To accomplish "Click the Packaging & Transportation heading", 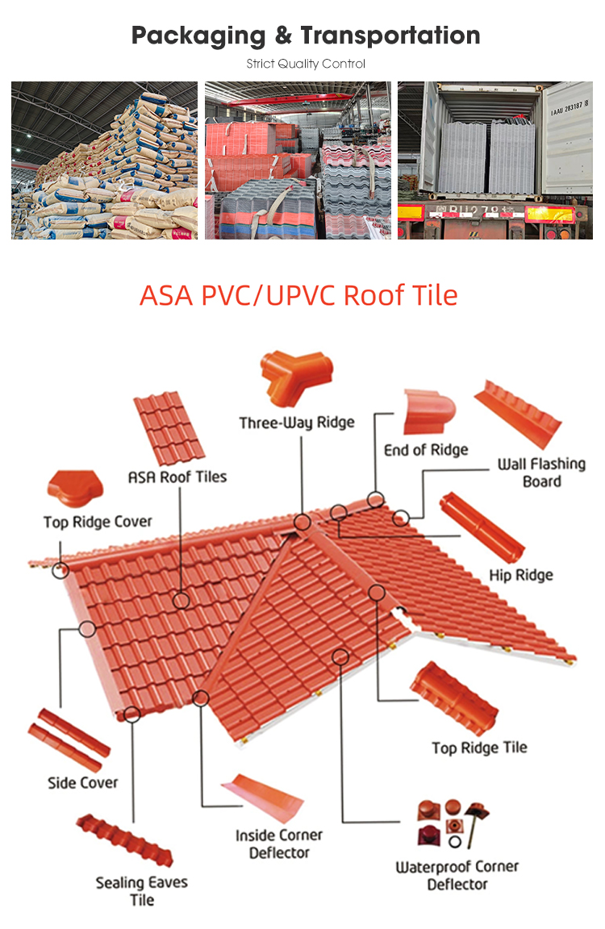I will click(306, 35).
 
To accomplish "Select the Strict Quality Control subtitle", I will click(306, 64).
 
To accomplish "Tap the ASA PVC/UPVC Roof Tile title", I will click(298, 295).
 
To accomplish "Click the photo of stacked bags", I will click(104, 160).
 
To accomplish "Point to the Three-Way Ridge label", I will click(296, 423).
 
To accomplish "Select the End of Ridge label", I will click(425, 449).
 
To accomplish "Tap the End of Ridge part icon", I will click(428, 411).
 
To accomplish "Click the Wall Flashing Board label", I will click(541, 473).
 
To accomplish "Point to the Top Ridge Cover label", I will click(98, 522).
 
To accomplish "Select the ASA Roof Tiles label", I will click(177, 477).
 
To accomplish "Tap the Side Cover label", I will click(82, 782).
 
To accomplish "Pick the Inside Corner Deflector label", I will click(279, 844).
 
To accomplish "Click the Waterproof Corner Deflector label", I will click(457, 876).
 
